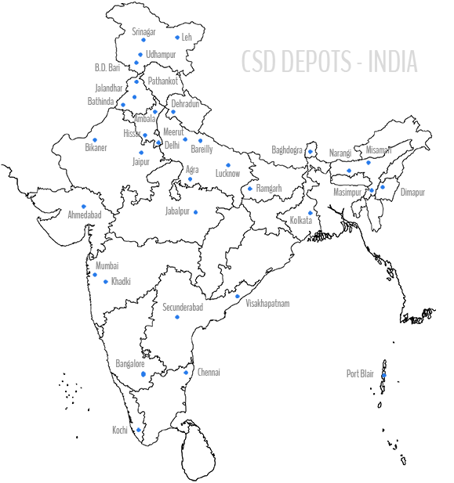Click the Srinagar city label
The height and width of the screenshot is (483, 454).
143,32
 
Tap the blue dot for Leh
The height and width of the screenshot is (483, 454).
177,38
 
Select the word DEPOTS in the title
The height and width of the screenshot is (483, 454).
316,61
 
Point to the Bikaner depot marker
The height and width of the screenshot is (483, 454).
95,140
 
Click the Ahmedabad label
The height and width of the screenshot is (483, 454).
85,214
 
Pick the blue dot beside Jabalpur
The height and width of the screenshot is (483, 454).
195,212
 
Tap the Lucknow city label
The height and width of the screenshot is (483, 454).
227,174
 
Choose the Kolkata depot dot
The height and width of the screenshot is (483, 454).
311,213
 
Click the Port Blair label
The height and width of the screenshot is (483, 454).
360,373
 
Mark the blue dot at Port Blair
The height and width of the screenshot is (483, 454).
384,375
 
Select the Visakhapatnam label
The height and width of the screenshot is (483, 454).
267,304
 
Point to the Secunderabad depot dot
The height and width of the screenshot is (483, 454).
177,317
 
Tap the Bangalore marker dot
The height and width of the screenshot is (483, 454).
143,374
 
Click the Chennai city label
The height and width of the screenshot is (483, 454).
209,372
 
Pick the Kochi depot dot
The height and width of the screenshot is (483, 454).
139,430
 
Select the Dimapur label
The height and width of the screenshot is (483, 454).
412,193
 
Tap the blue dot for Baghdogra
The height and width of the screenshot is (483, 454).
311,152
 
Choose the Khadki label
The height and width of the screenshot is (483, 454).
121,281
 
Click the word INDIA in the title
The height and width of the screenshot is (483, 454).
393,61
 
